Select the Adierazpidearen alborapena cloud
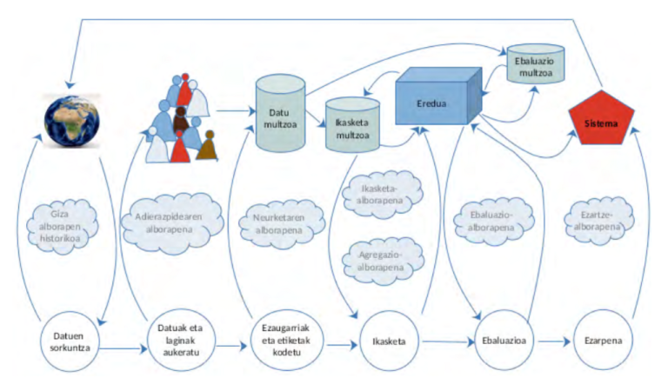(x=175, y=218)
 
